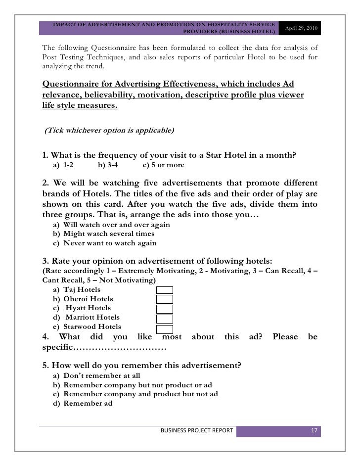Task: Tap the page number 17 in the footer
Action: coord(314,431)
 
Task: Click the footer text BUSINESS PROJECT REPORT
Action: coord(196,431)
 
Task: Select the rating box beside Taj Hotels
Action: coord(165,290)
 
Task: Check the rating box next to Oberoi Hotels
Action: coord(165,299)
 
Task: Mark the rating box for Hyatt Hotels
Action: coord(165,309)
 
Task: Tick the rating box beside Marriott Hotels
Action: coord(165,319)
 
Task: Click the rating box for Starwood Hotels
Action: coord(165,329)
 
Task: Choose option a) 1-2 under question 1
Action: coord(63,165)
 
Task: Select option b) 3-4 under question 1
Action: coord(108,165)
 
